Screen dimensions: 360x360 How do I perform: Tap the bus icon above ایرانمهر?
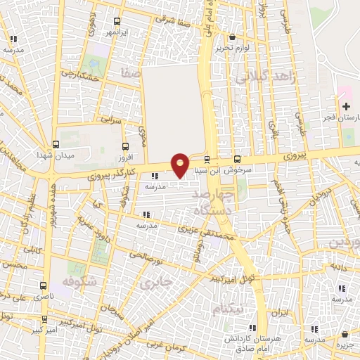(x=116, y=21)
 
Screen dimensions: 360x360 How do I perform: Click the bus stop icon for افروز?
(x=126, y=147)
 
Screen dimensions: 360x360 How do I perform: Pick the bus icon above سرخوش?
(x=237, y=159)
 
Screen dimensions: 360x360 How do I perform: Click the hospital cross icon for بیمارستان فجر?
(x=346, y=106)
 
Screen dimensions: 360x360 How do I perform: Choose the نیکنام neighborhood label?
(x=229, y=308)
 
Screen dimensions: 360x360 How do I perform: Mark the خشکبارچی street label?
(x=77, y=72)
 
